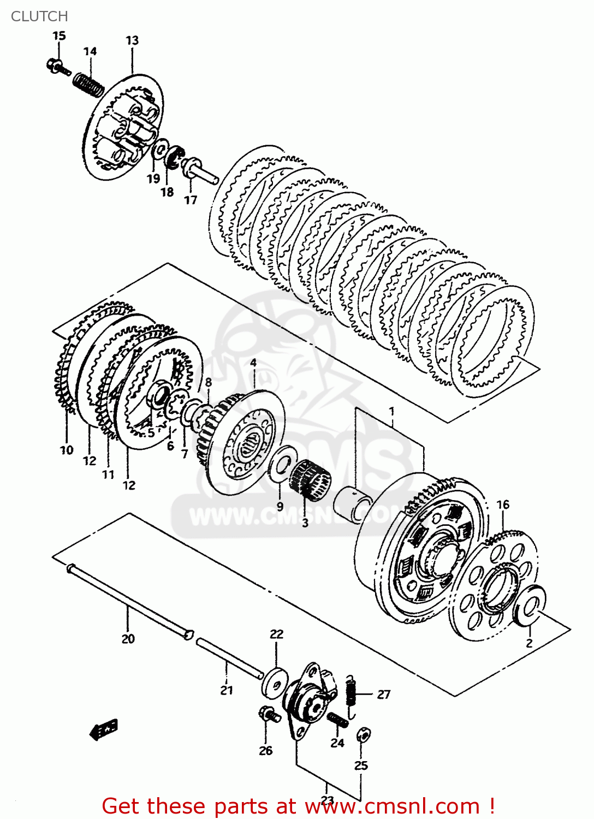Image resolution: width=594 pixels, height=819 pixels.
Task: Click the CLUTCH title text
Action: coord(39,16)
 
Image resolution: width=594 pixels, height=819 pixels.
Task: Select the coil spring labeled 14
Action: coord(88,84)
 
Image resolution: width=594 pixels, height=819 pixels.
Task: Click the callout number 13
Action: coord(132,40)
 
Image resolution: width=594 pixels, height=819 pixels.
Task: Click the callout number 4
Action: coord(253,363)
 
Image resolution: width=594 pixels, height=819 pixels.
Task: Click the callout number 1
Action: coord(391,411)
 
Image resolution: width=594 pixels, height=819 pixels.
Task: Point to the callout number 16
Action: coord(503,505)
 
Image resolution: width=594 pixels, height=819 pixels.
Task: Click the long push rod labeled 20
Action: coord(128,600)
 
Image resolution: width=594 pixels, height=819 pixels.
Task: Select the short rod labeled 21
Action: coord(229,659)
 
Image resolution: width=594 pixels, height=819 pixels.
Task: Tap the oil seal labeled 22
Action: coord(275,681)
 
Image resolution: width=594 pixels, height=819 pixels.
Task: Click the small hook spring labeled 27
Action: coord(352,695)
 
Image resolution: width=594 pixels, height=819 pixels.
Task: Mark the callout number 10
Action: coord(67,450)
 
